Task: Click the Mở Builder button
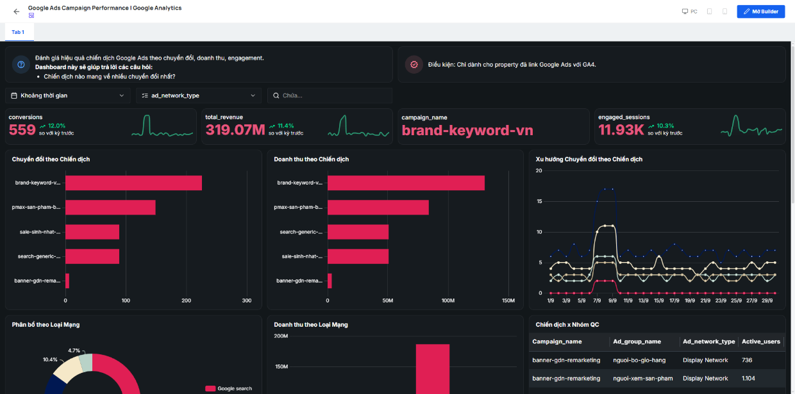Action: coord(760,12)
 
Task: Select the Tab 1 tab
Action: coord(18,32)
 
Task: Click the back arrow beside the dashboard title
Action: coord(16,12)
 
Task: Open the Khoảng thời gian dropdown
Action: coord(68,95)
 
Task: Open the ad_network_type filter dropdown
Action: coord(198,95)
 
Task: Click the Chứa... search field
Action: coord(330,95)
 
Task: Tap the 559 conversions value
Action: coord(22,130)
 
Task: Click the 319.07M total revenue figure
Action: coord(235,130)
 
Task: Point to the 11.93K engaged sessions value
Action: coord(621,130)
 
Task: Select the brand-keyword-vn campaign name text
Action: coord(467,130)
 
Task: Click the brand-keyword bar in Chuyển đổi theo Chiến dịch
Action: coord(133,183)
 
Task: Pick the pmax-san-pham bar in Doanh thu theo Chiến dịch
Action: coord(378,208)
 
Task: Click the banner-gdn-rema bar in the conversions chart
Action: coord(67,281)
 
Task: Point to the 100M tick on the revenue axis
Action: coord(448,300)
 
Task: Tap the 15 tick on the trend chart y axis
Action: coord(539,201)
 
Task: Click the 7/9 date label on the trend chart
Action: coord(597,300)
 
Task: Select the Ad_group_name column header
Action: coord(637,341)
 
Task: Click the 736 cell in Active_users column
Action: coord(747,360)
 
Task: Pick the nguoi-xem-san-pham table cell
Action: coord(643,379)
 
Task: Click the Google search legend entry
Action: coord(228,389)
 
